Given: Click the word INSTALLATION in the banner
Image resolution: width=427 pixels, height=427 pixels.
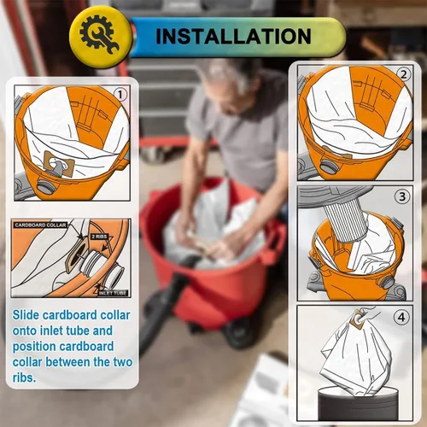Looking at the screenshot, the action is tap(233, 36).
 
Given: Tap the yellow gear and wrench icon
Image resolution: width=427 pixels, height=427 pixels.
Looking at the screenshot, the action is tap(99, 36).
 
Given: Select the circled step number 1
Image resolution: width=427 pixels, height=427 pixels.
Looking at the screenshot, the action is tap(120, 95).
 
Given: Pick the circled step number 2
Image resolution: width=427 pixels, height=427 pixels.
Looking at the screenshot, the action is tap(404, 74).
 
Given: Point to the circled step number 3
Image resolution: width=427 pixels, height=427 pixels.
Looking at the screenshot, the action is tap(402, 196).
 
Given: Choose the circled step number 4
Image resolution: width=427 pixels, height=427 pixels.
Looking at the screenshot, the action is tap(401, 317).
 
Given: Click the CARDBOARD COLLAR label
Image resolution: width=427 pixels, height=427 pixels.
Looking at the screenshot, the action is tap(40, 225).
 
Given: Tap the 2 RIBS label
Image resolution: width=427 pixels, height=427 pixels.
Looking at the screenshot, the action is tap(99, 237).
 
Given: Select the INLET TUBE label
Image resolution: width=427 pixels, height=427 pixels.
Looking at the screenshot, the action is tap(113, 293).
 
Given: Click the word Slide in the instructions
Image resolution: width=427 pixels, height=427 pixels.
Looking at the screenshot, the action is tap(26, 315).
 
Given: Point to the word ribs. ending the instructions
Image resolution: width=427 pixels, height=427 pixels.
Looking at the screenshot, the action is tap(24, 377).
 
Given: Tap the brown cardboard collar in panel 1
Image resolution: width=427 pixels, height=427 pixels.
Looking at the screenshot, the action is tap(59, 165).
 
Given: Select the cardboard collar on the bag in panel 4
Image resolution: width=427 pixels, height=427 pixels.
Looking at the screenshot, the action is tap(358, 319).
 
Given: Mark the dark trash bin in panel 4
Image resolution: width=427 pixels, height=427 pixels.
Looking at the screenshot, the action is tap(359, 403).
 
